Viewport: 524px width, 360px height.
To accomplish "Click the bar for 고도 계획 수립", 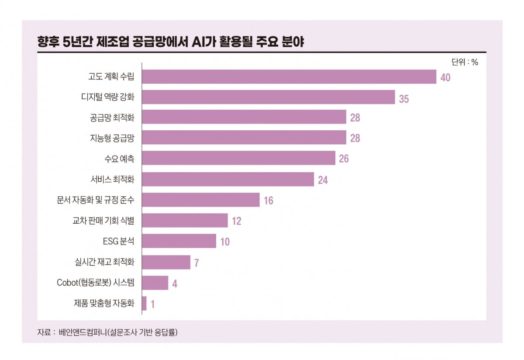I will pyautogui.click(x=289, y=77).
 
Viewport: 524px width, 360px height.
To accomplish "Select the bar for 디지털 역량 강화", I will pyautogui.click(x=269, y=97).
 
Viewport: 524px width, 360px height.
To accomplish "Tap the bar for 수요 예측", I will pyautogui.click(x=239, y=158).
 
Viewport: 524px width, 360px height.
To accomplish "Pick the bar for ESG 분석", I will pyautogui.click(x=179, y=241).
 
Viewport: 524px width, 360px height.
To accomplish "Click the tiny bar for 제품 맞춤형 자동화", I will pyautogui.click(x=145, y=303).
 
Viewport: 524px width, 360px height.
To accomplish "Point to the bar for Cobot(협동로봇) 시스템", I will pyautogui.click(x=155, y=283).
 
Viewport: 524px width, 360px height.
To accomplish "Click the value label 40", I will pyautogui.click(x=445, y=78).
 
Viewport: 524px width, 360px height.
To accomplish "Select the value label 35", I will pyautogui.click(x=404, y=98).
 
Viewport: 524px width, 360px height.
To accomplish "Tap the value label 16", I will pyautogui.click(x=268, y=201).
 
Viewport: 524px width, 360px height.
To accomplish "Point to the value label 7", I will pyautogui.click(x=197, y=263).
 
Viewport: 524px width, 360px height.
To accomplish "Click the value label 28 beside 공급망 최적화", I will pyautogui.click(x=355, y=118).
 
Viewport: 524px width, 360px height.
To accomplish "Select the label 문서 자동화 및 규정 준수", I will pyautogui.click(x=96, y=200).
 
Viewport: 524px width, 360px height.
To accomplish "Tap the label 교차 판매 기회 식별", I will pyautogui.click(x=103, y=221).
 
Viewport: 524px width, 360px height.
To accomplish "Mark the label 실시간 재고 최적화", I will pyautogui.click(x=104, y=262).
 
